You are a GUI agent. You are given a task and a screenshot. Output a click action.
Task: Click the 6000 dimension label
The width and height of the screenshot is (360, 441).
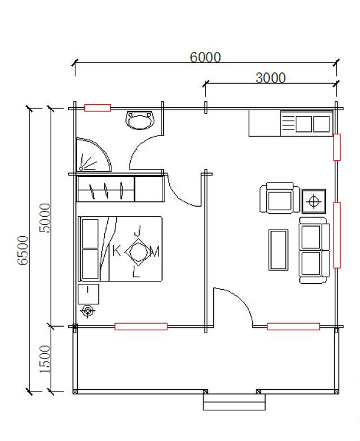pos(205,57)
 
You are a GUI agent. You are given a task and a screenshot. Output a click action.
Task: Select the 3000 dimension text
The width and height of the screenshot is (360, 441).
pos(270,78)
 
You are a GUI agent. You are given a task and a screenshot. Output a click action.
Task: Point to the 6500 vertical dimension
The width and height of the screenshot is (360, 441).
pos(23,250)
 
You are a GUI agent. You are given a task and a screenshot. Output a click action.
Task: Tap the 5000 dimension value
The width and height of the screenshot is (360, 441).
pos(44,218)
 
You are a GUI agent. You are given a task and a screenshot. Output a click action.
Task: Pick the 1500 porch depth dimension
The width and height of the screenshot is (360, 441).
pos(44,359)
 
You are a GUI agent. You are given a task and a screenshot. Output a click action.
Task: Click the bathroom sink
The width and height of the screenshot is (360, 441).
pos(140,120)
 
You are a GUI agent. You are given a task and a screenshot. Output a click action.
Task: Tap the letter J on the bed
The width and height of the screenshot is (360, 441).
pos(138,231)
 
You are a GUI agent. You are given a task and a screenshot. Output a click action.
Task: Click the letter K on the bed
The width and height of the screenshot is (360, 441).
pos(117,250)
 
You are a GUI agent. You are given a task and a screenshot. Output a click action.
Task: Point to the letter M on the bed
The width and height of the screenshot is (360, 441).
pos(154,251)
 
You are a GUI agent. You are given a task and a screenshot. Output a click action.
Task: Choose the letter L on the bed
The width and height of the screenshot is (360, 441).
pos(136,271)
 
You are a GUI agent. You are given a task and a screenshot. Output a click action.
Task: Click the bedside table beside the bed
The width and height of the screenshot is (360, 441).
pos(88,294)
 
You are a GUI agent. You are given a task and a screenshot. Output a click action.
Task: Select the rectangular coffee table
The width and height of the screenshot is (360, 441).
pos(278,250)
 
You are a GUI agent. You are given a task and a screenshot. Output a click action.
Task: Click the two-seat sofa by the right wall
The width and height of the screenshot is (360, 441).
pos(314,250)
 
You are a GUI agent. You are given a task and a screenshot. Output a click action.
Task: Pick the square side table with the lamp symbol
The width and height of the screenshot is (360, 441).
pos(314,201)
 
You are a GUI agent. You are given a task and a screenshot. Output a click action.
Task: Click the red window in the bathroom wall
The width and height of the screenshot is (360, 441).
pos(98,108)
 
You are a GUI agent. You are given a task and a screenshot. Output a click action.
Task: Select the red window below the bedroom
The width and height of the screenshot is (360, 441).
pos(141,326)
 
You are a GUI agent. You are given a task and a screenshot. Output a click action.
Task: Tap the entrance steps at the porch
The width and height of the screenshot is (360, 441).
pos(234,402)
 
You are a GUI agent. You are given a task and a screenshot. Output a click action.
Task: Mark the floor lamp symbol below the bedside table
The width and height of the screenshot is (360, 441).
pos(88,311)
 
